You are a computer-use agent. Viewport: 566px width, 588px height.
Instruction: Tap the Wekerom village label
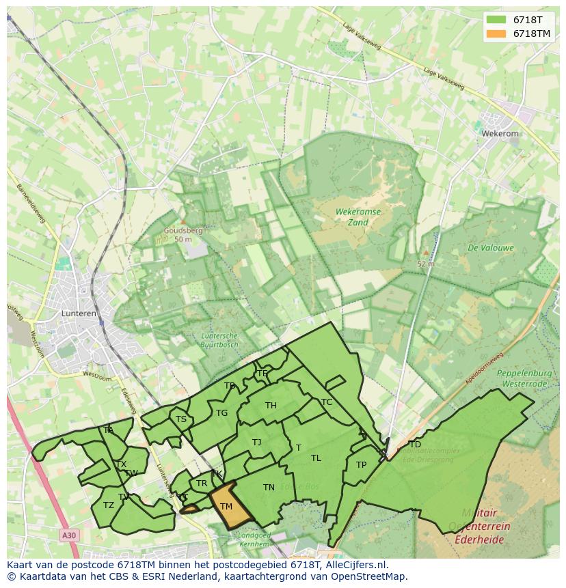500,134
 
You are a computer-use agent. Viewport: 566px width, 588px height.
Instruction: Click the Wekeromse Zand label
358,217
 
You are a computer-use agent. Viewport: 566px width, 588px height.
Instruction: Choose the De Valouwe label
491,248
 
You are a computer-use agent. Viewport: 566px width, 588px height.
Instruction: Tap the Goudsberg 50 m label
183,235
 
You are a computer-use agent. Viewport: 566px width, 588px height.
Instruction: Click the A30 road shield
69,535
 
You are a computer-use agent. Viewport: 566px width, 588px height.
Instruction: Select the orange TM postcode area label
226,506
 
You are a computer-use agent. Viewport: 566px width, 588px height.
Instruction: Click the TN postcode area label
269,487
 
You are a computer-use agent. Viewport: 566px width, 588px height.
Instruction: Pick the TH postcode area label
271,406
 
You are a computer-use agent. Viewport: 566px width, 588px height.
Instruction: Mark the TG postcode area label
221,412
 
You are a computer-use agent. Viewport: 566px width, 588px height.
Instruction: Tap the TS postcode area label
181,419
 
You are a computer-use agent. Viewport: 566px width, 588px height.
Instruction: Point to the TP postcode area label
361,465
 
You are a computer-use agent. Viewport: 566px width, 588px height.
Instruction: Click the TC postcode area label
327,402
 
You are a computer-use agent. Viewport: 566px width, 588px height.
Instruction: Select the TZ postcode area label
109,505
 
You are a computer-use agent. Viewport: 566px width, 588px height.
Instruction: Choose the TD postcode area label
415,445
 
